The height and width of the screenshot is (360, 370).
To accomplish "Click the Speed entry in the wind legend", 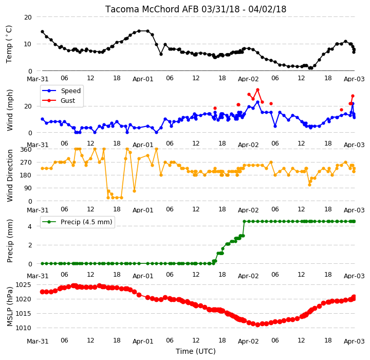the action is coord(70,91).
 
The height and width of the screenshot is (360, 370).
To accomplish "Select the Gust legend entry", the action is coord(68,101).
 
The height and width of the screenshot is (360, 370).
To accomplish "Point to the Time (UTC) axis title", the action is coord(196,351).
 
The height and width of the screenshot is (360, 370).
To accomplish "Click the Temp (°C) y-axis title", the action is coord(9,44).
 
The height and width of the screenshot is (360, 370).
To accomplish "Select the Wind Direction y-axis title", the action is coord(10,175).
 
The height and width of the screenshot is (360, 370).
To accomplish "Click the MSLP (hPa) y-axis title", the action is coord(10,307).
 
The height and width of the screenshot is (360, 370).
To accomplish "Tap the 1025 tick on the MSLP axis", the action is coord(23,284).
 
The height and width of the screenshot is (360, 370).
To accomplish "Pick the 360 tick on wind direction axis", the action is coord(26,150).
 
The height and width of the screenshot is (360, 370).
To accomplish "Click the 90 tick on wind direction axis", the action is coord(28,188).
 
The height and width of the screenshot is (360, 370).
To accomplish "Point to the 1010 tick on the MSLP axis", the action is coord(23,328).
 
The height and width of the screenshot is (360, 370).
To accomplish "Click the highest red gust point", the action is coord(257,90).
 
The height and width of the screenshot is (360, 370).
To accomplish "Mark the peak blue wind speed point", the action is coord(257,102).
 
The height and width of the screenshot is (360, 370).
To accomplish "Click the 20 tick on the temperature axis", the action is coord(28,17).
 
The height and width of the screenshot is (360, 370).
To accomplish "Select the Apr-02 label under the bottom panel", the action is coord(248,341).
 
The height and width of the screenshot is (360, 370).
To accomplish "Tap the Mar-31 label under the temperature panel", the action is coord(38,79).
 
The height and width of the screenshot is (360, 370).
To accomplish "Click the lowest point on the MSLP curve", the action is coord(257,325).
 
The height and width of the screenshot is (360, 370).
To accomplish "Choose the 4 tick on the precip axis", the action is coord(30,227).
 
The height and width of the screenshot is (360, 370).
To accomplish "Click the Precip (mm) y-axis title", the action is coord(10,241).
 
